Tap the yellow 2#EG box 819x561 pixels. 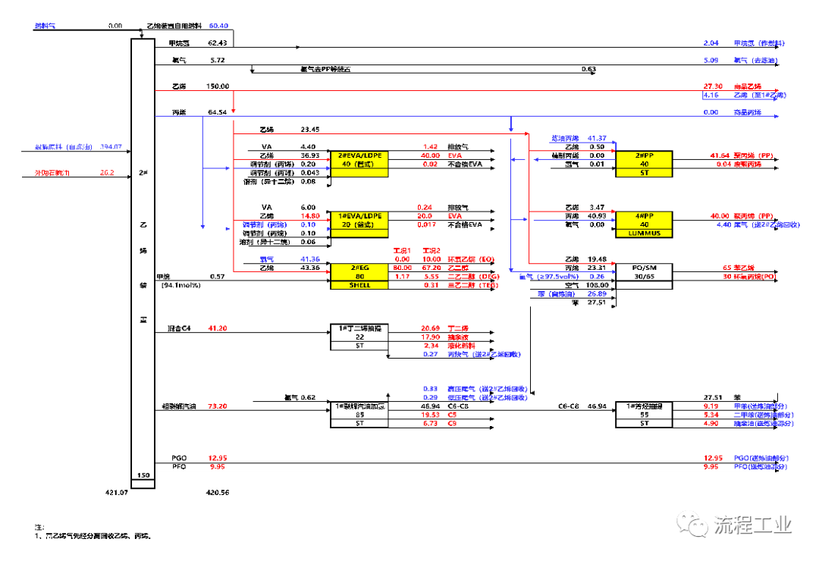pyautogui.click(x=358, y=276)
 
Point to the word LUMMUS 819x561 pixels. pyautogui.click(x=644, y=233)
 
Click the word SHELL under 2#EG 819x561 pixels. pyautogui.click(x=358, y=285)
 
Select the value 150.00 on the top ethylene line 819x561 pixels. pyautogui.click(x=217, y=86)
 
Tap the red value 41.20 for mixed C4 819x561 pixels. pyautogui.click(x=217, y=328)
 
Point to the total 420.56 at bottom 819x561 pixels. pyautogui.click(x=218, y=492)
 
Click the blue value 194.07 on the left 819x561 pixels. pyautogui.click(x=111, y=146)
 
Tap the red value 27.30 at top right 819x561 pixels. pyautogui.click(x=714, y=86)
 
